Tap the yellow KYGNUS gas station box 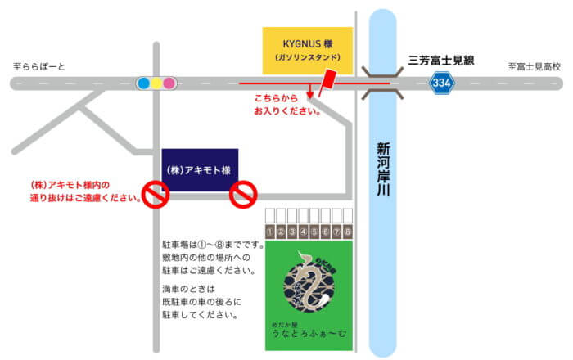click(307, 51)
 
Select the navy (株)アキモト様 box click(200, 169)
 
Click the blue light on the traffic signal click(142, 83)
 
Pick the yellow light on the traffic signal click(156, 83)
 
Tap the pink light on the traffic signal click(169, 83)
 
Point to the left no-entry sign click(156, 194)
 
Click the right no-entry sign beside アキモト click(242, 194)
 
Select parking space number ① click(269, 232)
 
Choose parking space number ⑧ click(348, 232)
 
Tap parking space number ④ click(303, 232)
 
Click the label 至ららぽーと click(38, 66)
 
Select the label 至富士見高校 click(532, 66)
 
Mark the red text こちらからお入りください click(287, 105)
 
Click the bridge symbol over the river click(382, 83)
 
